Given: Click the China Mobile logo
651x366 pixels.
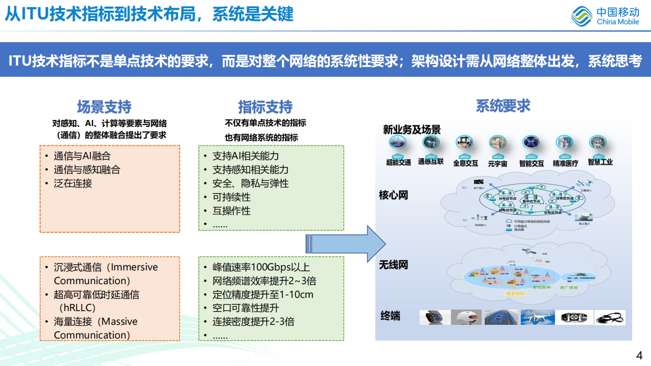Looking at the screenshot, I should [605, 16].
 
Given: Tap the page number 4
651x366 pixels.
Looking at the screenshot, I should [639, 355].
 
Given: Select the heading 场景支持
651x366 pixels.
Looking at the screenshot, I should [104, 107].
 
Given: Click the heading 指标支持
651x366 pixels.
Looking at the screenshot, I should [265, 107].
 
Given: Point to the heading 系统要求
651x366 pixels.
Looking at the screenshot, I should [503, 105].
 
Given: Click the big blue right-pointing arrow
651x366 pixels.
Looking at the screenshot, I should [346, 244].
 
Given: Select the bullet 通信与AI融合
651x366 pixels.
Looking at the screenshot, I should [82, 156].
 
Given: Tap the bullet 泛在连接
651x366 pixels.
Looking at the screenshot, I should [73, 184].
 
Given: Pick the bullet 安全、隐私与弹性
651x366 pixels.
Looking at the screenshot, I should [250, 184].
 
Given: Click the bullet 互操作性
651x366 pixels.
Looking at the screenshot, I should [231, 210].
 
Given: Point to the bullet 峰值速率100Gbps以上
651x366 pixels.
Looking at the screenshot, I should [261, 267].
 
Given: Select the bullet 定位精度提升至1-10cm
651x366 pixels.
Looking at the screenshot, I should [262, 294].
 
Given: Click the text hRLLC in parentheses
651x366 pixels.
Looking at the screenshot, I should [77, 308].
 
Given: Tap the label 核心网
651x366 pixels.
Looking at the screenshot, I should [393, 195].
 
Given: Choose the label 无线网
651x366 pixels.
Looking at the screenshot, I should [393, 265].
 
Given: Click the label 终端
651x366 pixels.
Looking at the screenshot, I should [390, 316].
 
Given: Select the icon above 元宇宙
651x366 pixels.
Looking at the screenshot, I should [497, 142].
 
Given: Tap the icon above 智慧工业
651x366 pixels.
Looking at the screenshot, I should [598, 142].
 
